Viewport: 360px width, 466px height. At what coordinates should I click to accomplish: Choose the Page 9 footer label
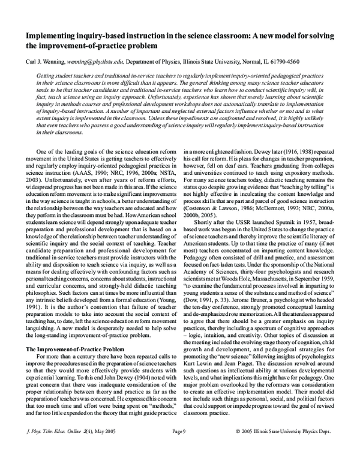(x=180, y=449)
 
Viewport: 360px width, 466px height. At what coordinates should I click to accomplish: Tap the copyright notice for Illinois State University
(x=296, y=449)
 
